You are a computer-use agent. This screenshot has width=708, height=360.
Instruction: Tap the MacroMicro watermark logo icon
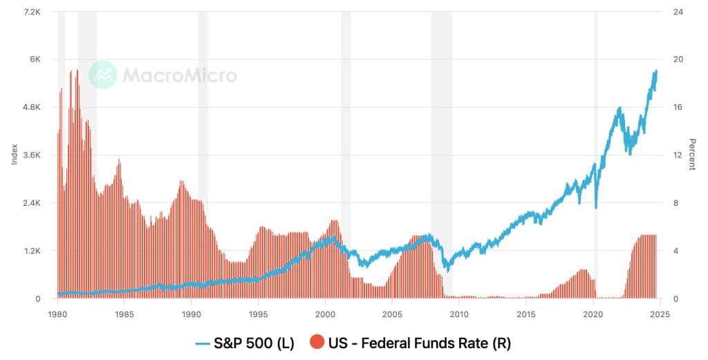[x=103, y=75]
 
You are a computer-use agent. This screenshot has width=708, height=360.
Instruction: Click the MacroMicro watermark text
[x=180, y=75]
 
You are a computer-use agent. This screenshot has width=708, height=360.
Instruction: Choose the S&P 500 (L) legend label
[x=254, y=342]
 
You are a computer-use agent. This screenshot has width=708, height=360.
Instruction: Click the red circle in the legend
[x=317, y=342]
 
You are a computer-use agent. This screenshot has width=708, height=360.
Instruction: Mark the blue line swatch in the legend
[x=203, y=342]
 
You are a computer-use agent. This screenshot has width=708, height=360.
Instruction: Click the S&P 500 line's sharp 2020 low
[x=596, y=207]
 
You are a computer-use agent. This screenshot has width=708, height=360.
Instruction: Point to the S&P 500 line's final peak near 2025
[x=655, y=70]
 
